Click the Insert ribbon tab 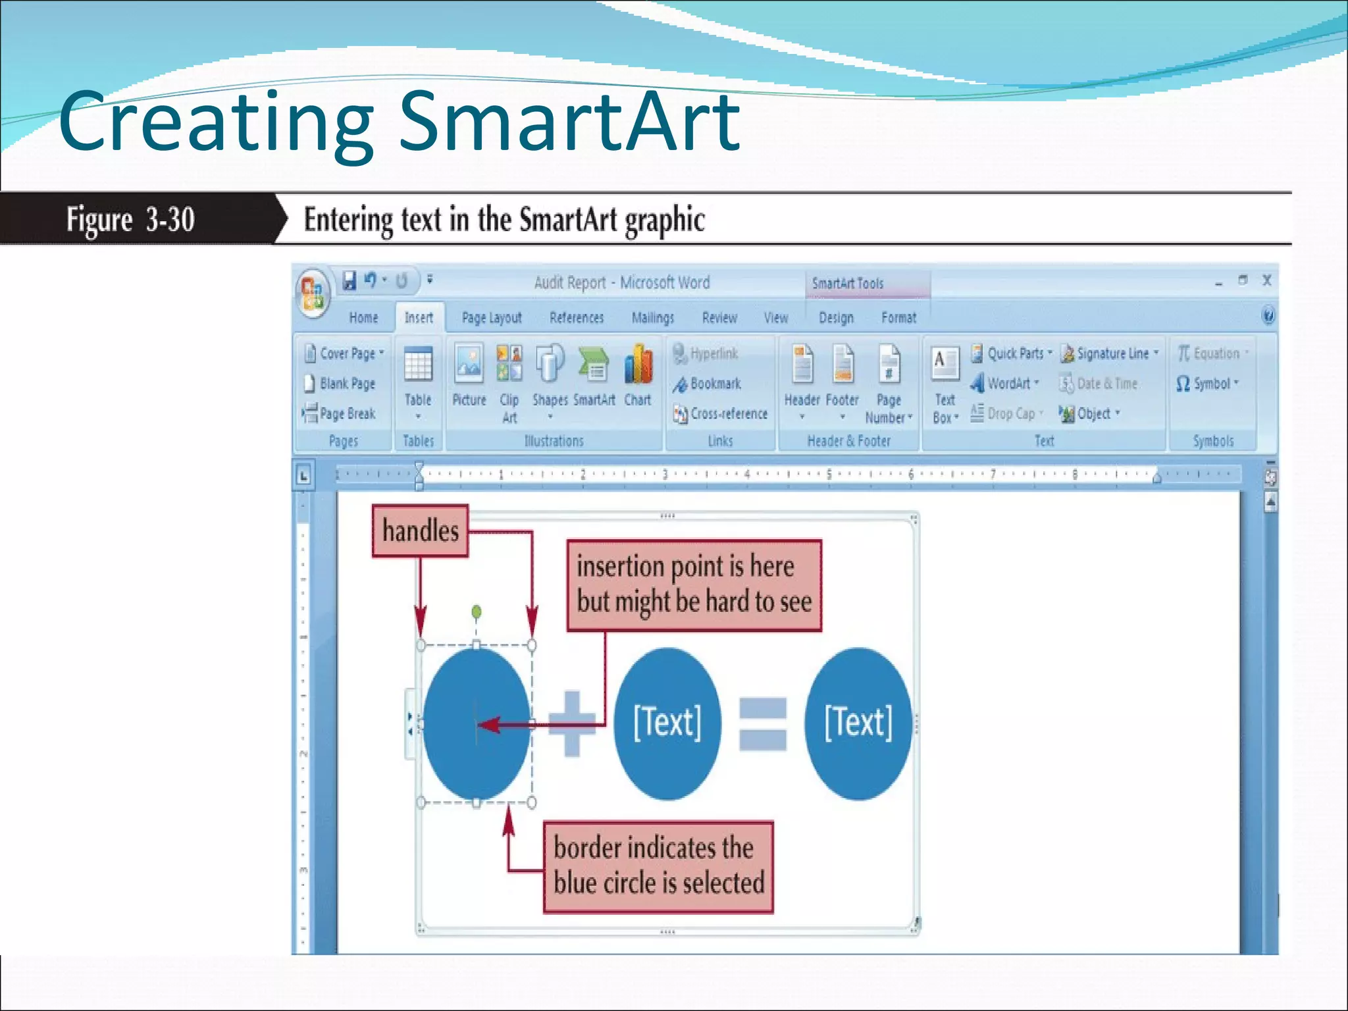(x=419, y=318)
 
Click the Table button (x=418, y=378)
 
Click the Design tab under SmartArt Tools (x=836, y=318)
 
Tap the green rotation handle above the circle (x=477, y=612)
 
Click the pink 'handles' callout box (x=420, y=531)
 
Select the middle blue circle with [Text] (x=667, y=723)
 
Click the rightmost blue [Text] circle (x=858, y=723)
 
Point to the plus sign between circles (x=571, y=723)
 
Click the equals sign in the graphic (x=762, y=724)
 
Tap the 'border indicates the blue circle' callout (x=658, y=866)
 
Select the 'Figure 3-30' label (x=130, y=219)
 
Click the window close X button (x=1266, y=280)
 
